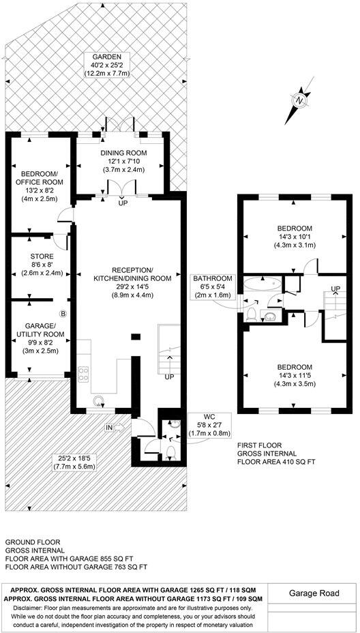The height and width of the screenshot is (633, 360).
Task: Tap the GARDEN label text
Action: (102, 57)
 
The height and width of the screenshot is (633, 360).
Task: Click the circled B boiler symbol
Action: (63, 314)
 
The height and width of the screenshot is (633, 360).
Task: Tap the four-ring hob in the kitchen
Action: (85, 373)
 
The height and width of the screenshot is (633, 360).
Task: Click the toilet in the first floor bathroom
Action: (252, 313)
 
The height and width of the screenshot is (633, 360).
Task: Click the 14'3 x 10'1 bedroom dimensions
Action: (294, 237)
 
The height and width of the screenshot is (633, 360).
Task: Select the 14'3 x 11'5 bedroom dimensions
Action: (294, 366)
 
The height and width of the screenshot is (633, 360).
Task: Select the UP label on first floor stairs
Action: (335, 289)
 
